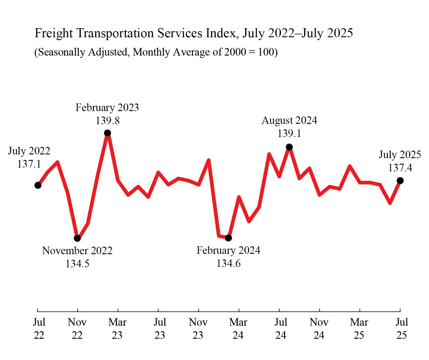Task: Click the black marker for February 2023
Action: click(107, 133)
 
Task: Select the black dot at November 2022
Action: click(77, 238)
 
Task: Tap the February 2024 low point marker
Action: click(229, 238)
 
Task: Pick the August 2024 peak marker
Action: click(289, 147)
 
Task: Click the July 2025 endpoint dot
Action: click(400, 181)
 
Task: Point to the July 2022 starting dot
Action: click(38, 185)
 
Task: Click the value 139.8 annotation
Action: click(107, 120)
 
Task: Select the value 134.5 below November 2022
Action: click(77, 263)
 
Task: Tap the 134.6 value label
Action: click(229, 263)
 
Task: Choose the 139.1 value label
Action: click(289, 133)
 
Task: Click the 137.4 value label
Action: click(400, 167)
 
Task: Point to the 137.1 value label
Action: click(29, 164)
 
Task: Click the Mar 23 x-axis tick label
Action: click(117, 329)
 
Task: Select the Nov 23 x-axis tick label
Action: click(198, 329)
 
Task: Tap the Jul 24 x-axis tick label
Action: click(281, 329)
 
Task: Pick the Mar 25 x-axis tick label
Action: click(359, 329)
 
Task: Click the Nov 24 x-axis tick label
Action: click(319, 329)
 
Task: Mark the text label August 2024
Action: click(289, 120)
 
